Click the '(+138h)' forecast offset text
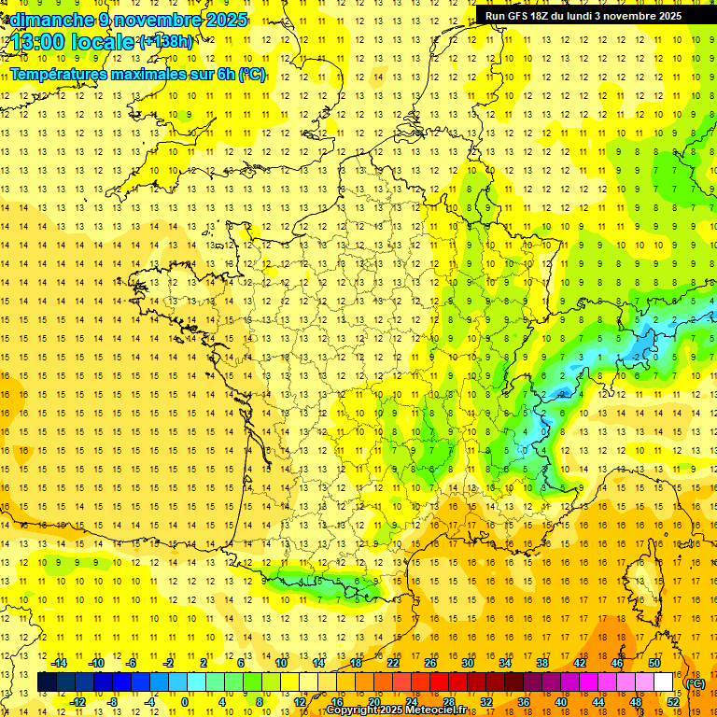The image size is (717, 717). [167, 42]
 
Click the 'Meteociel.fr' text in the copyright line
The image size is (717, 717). [440, 710]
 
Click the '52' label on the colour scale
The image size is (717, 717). [673, 702]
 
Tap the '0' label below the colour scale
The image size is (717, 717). [185, 702]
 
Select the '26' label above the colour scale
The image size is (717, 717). [429, 663]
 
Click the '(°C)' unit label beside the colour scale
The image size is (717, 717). [696, 683]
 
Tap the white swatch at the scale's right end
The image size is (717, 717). [664, 682]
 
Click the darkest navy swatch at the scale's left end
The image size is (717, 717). [48, 682]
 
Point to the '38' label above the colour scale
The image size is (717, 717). [541, 663]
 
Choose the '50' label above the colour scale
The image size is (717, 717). [654, 663]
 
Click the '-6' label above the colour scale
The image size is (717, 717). [132, 663]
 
